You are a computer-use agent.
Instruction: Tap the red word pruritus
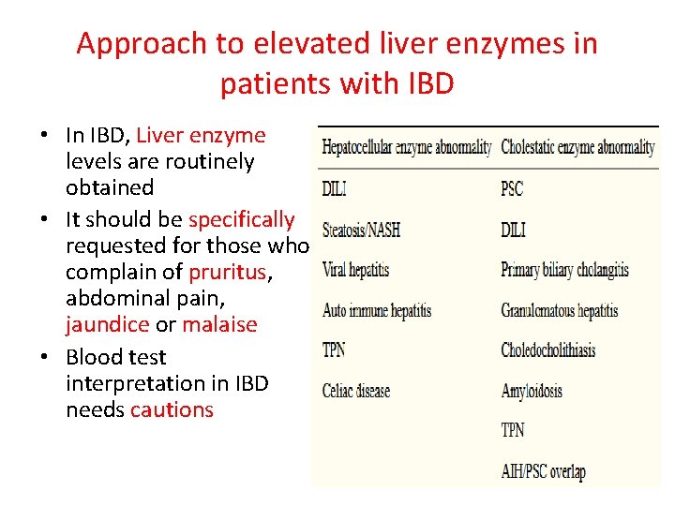(x=226, y=272)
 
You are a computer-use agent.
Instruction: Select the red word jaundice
(x=108, y=324)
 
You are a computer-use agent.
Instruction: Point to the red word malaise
(x=219, y=324)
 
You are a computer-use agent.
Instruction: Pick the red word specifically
(x=242, y=219)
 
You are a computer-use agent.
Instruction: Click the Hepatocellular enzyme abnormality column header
(x=407, y=147)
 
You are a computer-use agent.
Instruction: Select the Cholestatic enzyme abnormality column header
(x=577, y=147)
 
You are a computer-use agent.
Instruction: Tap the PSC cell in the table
(x=512, y=188)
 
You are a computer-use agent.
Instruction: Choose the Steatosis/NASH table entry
(x=361, y=230)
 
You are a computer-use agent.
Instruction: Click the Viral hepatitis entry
(x=355, y=271)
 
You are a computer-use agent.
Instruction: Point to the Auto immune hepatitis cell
(x=376, y=310)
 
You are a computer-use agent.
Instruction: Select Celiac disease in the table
(x=356, y=390)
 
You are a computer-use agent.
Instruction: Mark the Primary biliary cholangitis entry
(x=564, y=271)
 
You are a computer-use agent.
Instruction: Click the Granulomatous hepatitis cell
(x=560, y=310)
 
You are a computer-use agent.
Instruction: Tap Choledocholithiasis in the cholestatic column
(x=548, y=350)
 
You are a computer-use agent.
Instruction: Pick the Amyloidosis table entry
(x=532, y=390)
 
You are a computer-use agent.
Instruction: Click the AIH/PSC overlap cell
(x=543, y=470)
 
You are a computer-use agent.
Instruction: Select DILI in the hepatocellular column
(x=335, y=188)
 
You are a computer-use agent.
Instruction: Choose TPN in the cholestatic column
(x=513, y=430)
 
